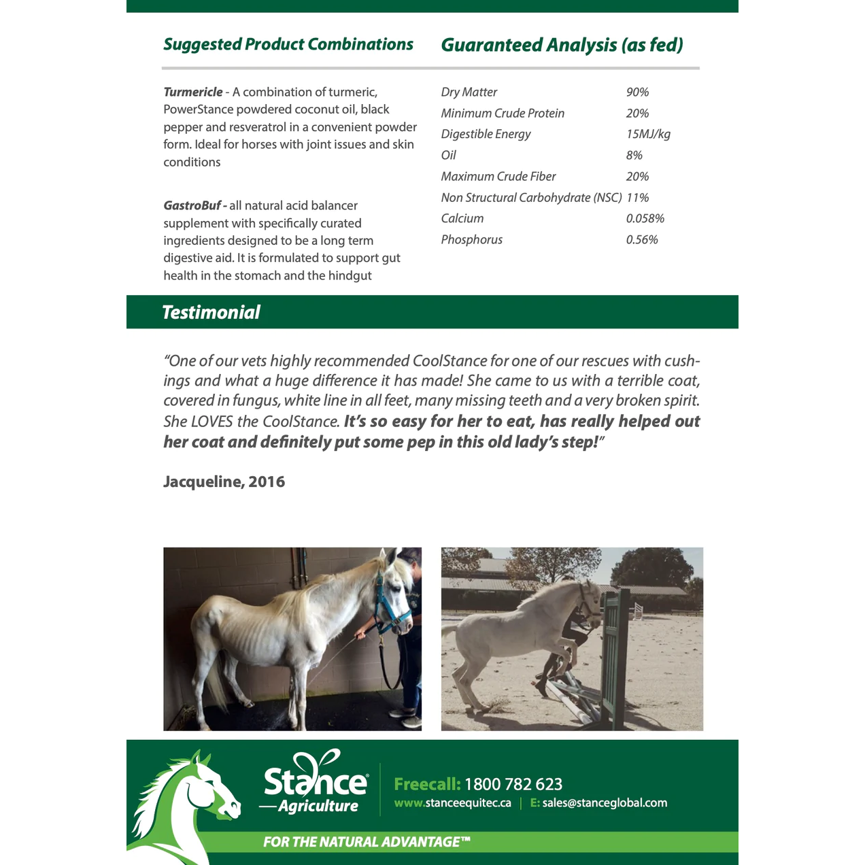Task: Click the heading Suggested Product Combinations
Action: click(288, 44)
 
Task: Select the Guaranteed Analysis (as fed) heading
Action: click(562, 45)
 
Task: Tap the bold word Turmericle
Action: click(193, 92)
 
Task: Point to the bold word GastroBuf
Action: click(192, 205)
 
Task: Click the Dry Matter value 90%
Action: click(637, 92)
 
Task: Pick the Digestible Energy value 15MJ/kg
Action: click(648, 134)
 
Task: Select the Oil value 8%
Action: click(634, 155)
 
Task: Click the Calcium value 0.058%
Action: click(645, 218)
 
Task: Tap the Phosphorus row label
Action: click(471, 239)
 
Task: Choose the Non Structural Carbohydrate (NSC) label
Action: click(531, 197)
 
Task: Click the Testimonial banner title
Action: click(211, 312)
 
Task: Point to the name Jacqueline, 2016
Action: click(224, 481)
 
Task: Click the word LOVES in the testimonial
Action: click(212, 422)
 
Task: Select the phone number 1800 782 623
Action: click(513, 784)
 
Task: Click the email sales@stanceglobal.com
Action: click(605, 803)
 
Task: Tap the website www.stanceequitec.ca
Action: click(453, 803)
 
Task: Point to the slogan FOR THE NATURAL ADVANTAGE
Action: click(367, 842)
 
